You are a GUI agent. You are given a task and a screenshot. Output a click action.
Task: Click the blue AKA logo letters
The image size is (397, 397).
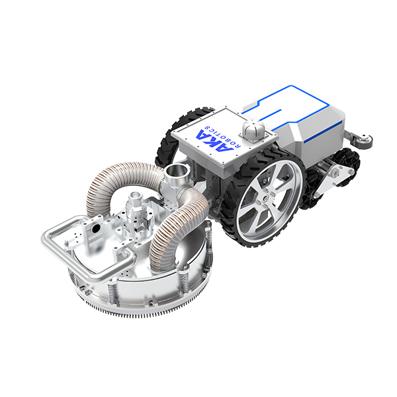coord(214,142)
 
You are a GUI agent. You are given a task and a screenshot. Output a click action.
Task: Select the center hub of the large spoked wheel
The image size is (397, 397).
coord(265,198)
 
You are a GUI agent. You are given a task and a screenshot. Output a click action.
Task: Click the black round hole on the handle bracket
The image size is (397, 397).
coord(96,228)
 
